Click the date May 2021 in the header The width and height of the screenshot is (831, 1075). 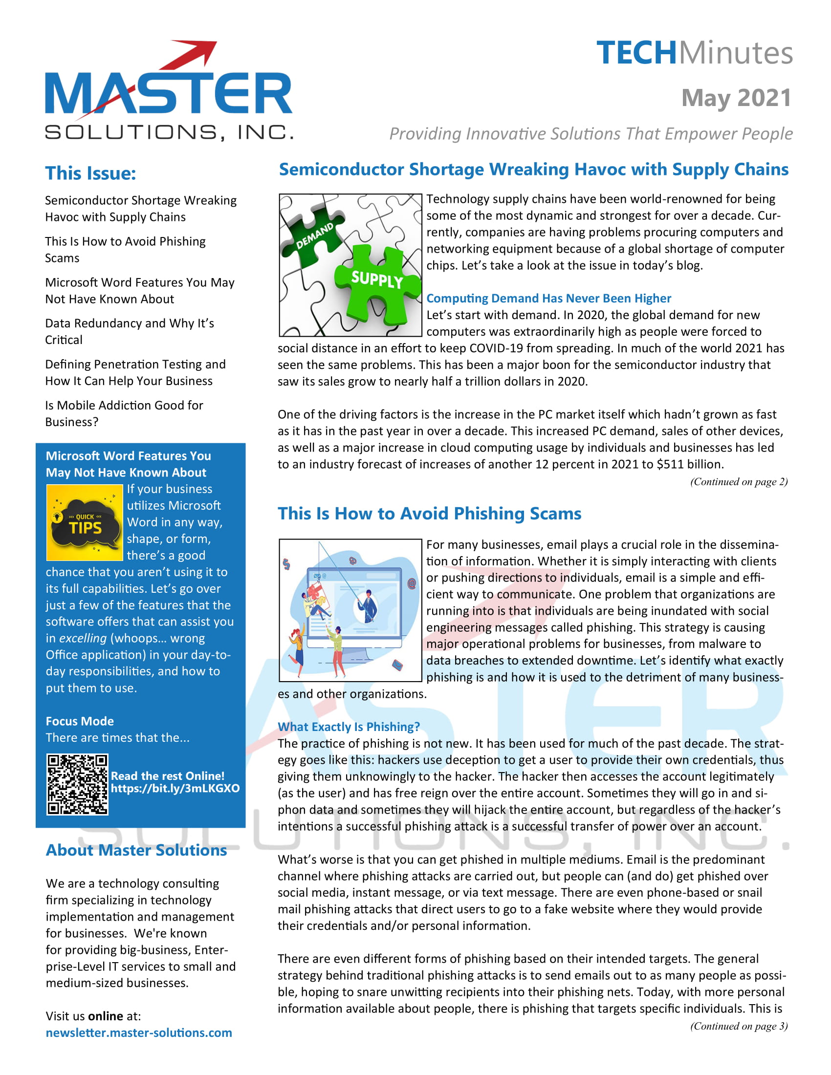pos(736,97)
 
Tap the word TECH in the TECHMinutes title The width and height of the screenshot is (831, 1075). pos(636,53)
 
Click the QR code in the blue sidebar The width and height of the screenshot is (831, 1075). pos(77,784)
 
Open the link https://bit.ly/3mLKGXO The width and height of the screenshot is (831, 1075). pos(175,788)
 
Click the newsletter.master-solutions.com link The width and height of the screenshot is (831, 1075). pos(139,1032)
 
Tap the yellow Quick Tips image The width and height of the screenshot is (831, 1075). pos(84,523)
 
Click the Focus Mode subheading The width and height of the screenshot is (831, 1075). pos(80,721)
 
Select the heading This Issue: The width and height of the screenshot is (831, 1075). pos(90,173)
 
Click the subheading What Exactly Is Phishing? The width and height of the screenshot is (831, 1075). pos(349,727)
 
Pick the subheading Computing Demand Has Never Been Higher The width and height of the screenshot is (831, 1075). pos(548,298)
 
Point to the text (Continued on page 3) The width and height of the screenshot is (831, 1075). pos(739,1026)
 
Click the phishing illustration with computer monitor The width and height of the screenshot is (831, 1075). pos(350,610)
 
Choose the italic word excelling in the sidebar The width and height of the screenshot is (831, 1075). pos(83,639)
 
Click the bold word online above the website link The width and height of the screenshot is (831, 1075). pos(106,1016)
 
